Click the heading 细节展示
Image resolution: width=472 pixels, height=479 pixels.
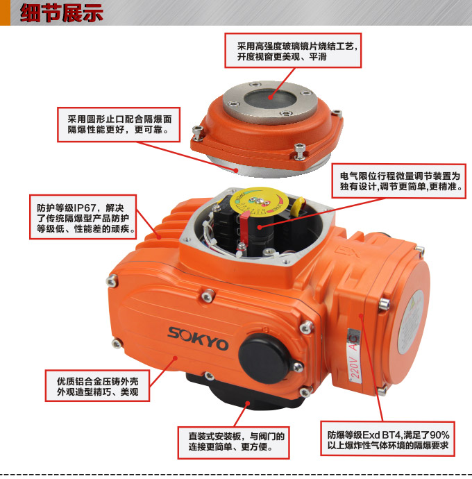pyautogui.click(x=61, y=12)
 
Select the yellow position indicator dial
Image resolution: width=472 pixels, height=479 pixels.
pyautogui.click(x=259, y=204)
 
